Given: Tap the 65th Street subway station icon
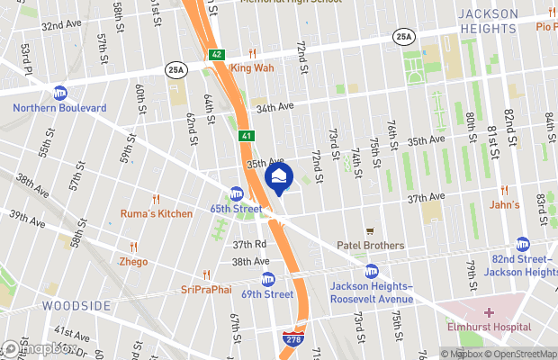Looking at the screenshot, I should tap(237, 193).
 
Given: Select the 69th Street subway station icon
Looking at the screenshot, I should tap(267, 279).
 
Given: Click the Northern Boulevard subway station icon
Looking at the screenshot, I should tap(60, 93).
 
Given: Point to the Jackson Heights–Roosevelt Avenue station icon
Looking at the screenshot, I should tap(372, 271).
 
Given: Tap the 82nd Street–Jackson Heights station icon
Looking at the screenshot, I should tap(523, 244).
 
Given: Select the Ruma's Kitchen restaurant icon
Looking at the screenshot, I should tap(157, 199).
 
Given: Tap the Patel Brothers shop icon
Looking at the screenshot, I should tap(369, 231).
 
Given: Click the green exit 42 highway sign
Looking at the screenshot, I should tap(216, 55).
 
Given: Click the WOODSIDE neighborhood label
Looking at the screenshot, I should tap(76, 306).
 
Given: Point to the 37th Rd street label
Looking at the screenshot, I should tap(249, 244).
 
